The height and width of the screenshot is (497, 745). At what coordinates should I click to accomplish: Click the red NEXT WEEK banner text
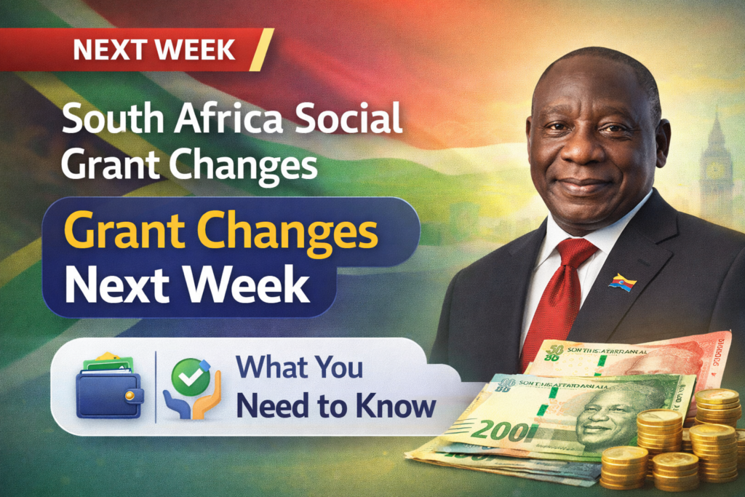click(154, 49)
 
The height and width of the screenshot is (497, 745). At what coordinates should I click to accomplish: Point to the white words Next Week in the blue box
click(187, 287)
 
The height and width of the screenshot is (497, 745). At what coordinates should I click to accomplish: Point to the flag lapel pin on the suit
click(622, 282)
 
